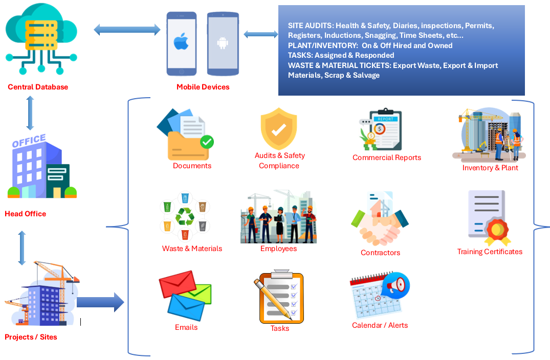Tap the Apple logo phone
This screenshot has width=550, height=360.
point(181,43)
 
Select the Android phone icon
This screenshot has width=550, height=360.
point(223,43)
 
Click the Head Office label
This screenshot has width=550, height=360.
point(26,214)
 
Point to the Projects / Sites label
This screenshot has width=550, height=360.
point(31,337)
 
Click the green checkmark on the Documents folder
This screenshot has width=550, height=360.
point(207,142)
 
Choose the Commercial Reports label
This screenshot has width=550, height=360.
point(387,157)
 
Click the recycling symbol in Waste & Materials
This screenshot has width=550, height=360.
point(185,217)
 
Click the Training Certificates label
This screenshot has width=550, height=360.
point(490,252)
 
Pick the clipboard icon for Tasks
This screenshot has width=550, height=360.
point(278,298)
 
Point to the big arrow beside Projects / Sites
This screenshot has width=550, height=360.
point(100,302)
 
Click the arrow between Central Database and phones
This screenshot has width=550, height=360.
point(127,30)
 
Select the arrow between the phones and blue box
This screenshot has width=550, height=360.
point(261,34)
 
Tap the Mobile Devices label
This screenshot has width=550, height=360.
point(203,87)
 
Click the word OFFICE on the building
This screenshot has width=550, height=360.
point(29,141)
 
